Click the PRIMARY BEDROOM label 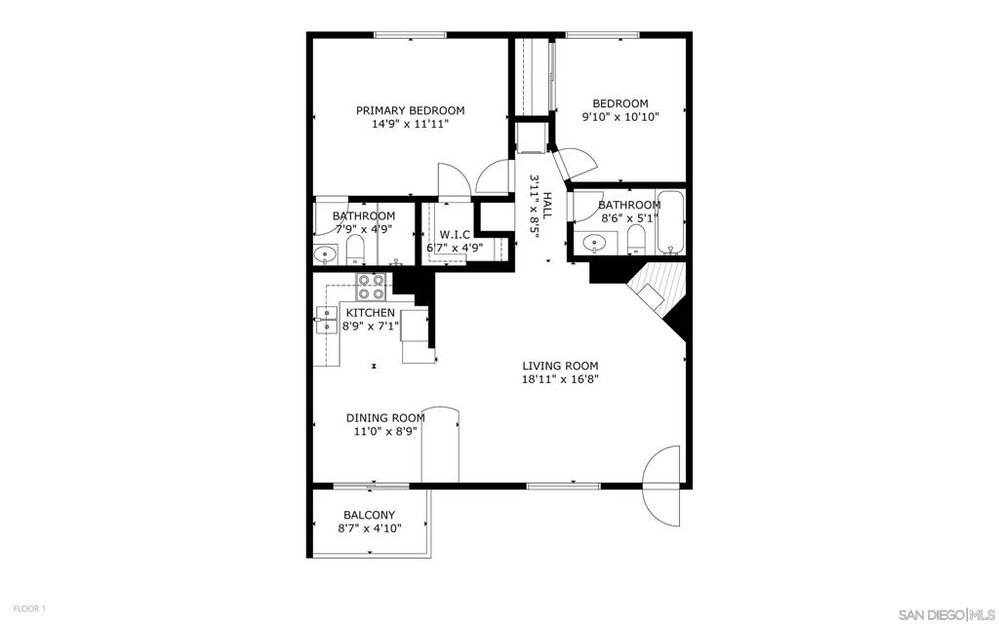click(x=411, y=110)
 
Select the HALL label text click(x=546, y=207)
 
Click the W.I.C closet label click(x=455, y=235)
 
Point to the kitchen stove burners click(x=372, y=287)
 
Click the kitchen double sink click(x=326, y=320)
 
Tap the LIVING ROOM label click(x=560, y=366)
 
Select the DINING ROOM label click(x=385, y=417)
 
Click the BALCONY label click(x=370, y=515)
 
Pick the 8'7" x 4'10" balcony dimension click(x=370, y=527)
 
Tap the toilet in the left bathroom click(x=354, y=250)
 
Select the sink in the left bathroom click(x=326, y=254)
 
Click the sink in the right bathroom click(x=594, y=243)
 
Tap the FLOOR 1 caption click(x=30, y=608)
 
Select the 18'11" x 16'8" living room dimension click(x=560, y=379)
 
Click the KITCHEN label click(x=370, y=313)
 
